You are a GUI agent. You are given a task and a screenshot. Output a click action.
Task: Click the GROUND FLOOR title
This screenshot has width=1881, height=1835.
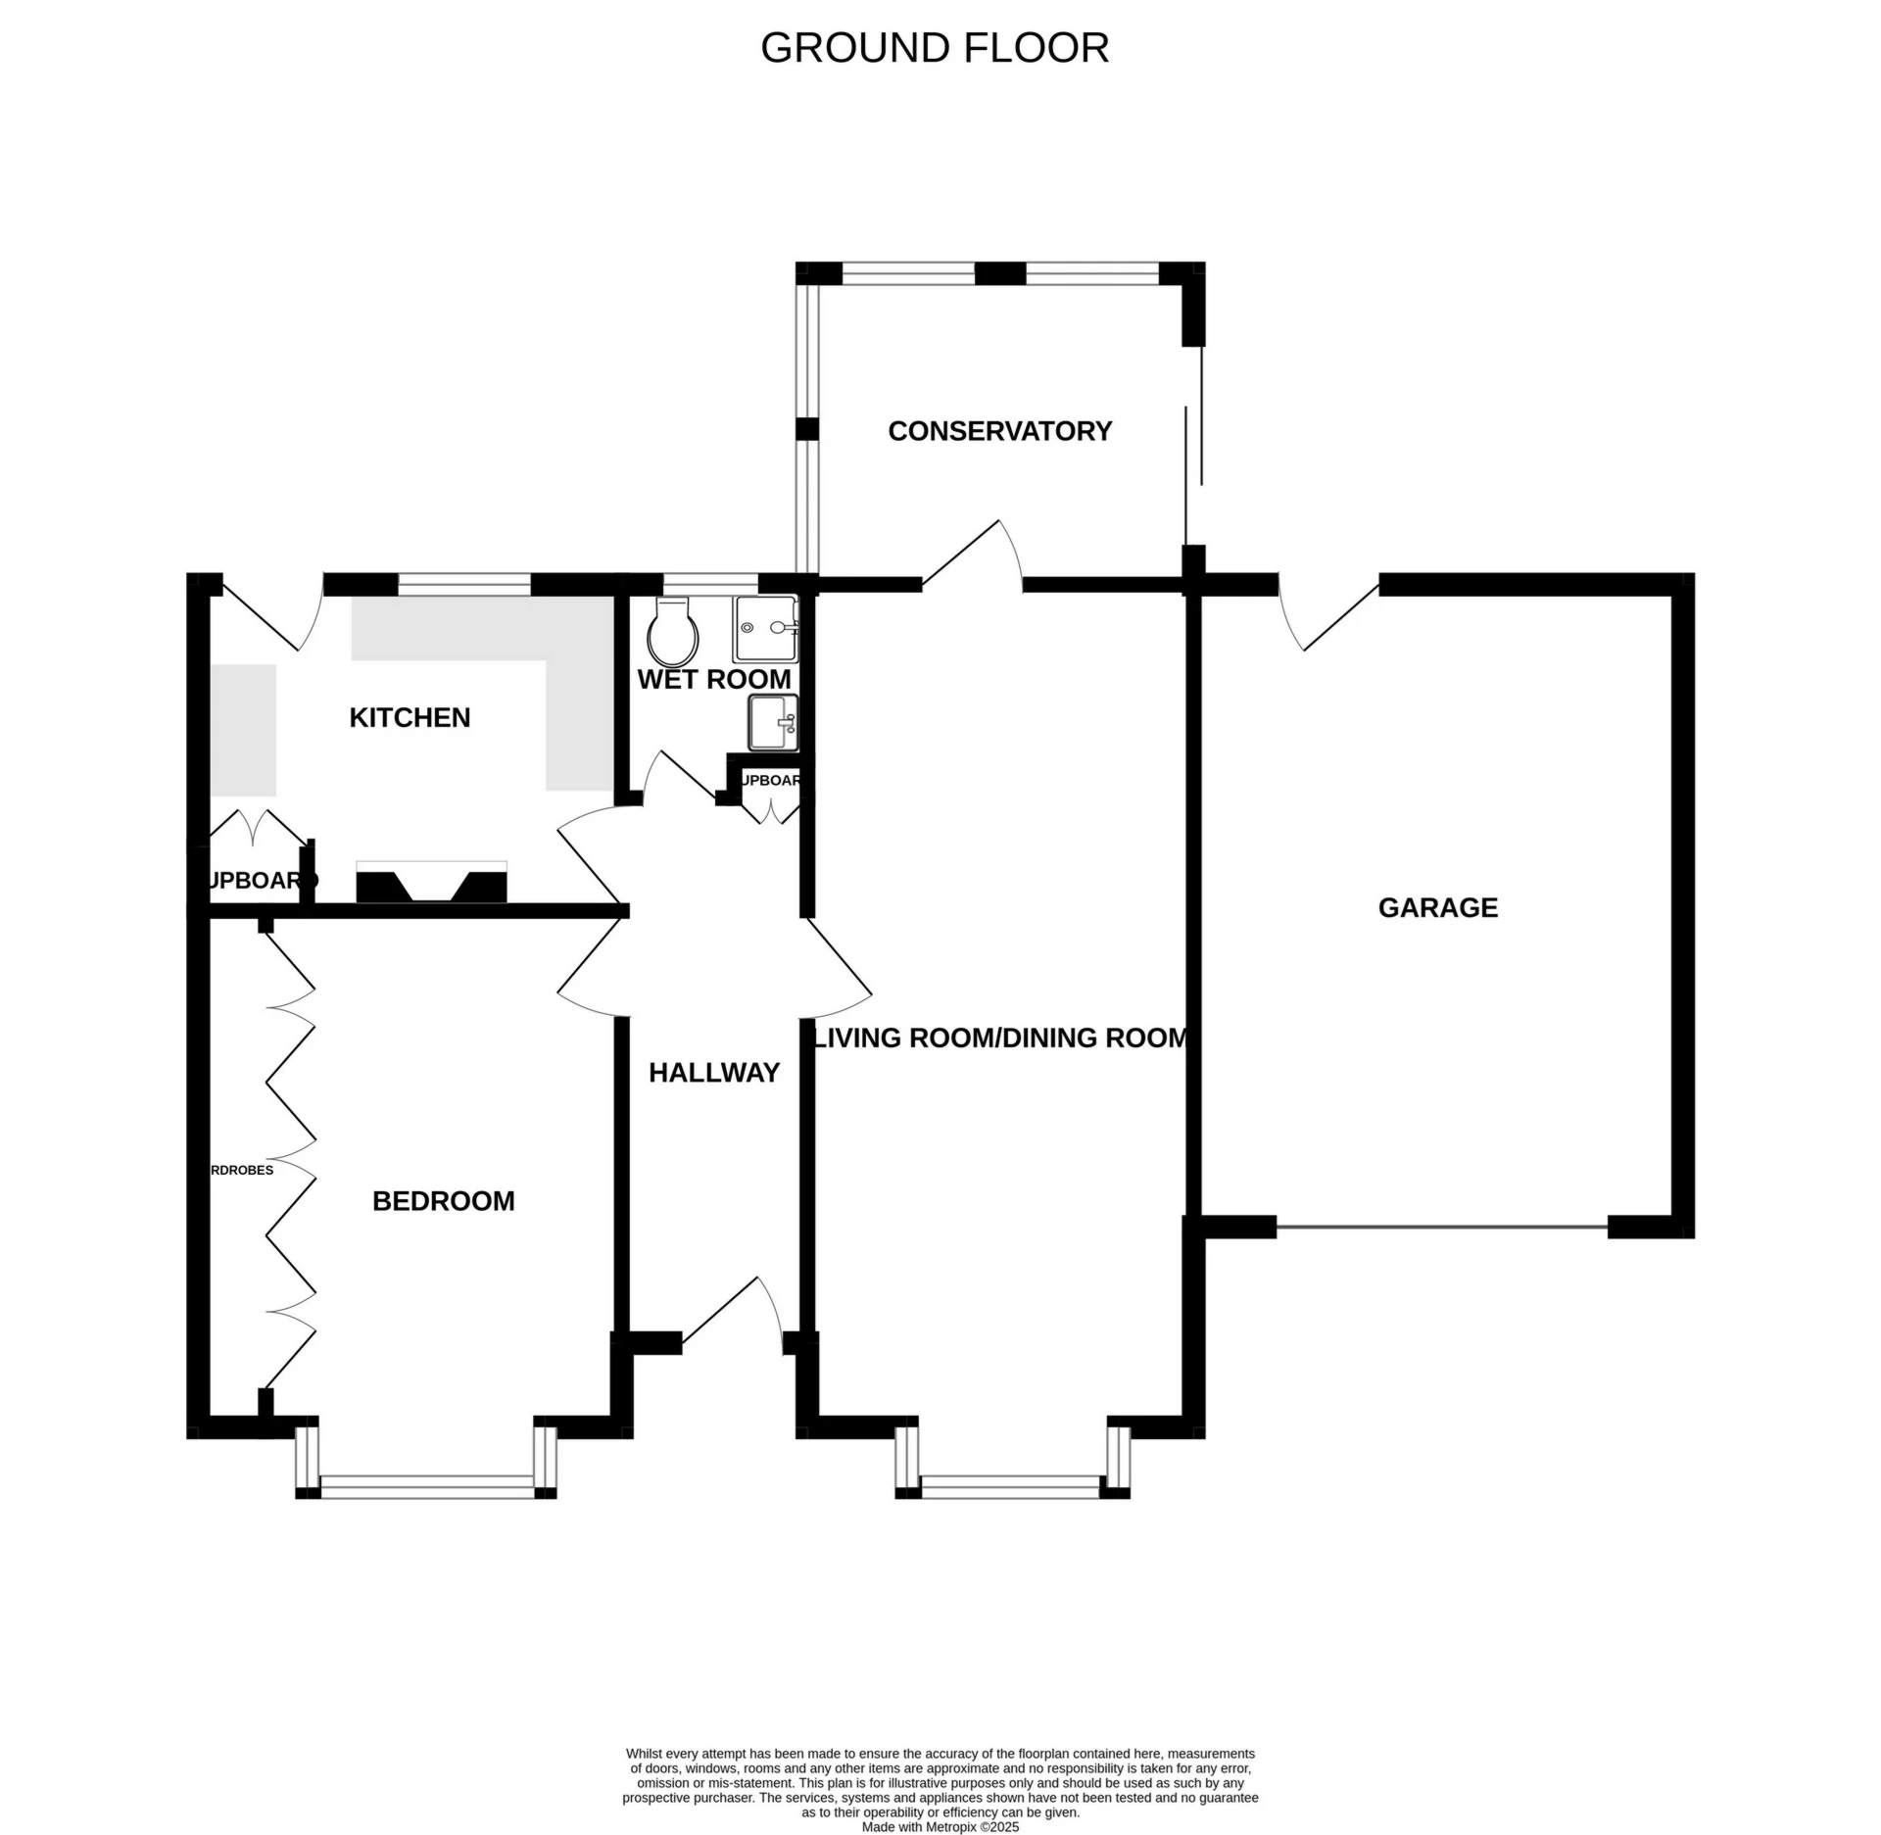pos(934,48)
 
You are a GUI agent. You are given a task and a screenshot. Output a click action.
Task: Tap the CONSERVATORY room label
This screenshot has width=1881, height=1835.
pos(999,431)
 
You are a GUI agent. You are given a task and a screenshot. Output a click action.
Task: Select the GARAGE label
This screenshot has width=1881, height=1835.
pos(1437,908)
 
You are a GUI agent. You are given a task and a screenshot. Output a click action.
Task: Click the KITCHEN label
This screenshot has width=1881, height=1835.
pos(410,718)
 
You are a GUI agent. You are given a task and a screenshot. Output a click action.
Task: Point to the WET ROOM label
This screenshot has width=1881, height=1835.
pos(713,679)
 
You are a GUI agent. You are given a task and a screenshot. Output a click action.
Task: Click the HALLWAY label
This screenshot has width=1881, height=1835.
pos(713,1073)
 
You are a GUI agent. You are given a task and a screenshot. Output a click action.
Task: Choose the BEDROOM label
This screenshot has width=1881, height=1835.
pos(443,1201)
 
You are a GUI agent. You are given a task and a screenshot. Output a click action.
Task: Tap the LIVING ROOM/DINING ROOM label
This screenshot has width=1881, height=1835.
pos(1001,1038)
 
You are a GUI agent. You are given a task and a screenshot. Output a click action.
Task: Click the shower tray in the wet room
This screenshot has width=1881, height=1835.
pos(765,628)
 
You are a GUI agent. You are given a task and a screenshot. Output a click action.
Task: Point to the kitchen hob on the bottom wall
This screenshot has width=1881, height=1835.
pos(431,883)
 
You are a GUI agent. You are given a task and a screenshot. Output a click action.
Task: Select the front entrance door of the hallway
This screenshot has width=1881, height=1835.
pos(733,1313)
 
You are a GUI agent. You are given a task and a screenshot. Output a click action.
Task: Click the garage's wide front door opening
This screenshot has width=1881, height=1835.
pos(1441,1227)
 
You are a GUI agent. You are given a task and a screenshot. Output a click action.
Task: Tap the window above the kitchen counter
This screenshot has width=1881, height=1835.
pos(464,585)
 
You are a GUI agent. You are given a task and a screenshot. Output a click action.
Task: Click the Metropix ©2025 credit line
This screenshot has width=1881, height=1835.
pos(940,1827)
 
